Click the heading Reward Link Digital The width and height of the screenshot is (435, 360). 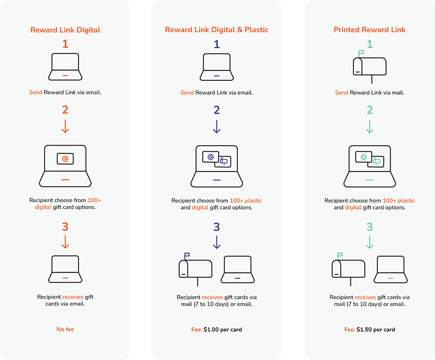65,30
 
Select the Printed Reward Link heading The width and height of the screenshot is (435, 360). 369,30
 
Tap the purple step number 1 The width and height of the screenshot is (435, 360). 217,44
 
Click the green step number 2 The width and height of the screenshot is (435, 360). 369,110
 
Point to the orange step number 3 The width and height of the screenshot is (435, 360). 65,227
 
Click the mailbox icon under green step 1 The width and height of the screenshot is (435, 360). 369,67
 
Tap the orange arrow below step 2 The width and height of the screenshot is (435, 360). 65,126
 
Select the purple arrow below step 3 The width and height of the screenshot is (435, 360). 217,242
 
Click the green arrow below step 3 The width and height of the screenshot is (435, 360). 369,242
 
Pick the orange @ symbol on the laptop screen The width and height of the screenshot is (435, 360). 65,159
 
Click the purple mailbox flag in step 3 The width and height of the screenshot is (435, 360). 187,255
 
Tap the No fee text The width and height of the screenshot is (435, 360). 65,329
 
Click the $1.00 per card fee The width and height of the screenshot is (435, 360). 223,330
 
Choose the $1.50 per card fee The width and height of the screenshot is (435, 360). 376,330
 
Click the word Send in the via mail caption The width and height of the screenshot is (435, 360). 341,93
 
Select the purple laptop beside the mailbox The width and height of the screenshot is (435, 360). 238,270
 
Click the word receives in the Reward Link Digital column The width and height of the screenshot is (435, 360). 73,297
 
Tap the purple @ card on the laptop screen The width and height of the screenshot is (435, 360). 211,157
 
